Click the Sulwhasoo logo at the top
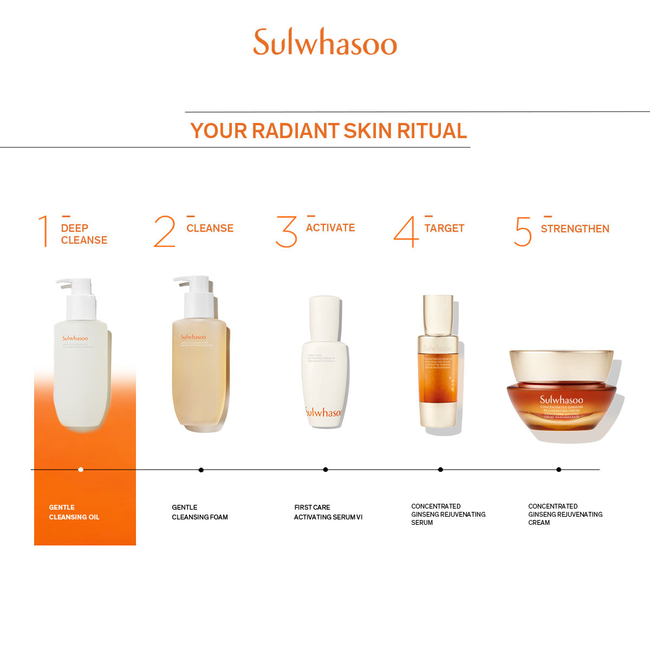[325, 42]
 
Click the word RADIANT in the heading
[295, 131]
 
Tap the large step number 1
[43, 231]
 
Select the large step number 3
[286, 232]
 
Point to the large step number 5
[523, 232]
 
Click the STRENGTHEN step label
[575, 229]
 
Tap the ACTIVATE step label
[330, 228]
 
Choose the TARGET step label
[444, 229]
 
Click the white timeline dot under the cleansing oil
[81, 470]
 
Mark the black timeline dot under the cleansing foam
[201, 470]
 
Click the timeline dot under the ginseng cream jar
[558, 470]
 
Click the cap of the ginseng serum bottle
[438, 314]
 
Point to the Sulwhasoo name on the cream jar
[561, 400]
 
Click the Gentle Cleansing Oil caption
[74, 512]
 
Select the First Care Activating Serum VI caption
[328, 512]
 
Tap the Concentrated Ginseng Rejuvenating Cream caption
[565, 515]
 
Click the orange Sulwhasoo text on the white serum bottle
[323, 413]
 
